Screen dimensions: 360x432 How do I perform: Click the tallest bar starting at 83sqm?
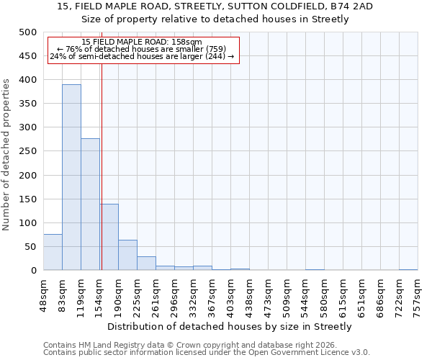coord(71,177)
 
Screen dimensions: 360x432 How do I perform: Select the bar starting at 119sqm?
coord(90,204)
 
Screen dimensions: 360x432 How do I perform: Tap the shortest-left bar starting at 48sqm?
coord(53,252)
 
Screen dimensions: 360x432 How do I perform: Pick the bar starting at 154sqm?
coord(109,237)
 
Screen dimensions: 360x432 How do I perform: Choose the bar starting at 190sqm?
coord(127,255)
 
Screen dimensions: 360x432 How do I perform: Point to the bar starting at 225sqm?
coord(146,264)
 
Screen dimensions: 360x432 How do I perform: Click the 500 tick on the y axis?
coord(27,32)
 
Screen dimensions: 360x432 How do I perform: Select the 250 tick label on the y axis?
coord(27,151)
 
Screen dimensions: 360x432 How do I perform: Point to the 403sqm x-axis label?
coord(231,296)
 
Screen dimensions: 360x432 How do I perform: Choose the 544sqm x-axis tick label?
coord(306,296)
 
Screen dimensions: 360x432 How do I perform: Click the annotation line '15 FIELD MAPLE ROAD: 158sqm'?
coord(142,42)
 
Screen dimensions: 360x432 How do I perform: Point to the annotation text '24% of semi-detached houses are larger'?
coord(142,56)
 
